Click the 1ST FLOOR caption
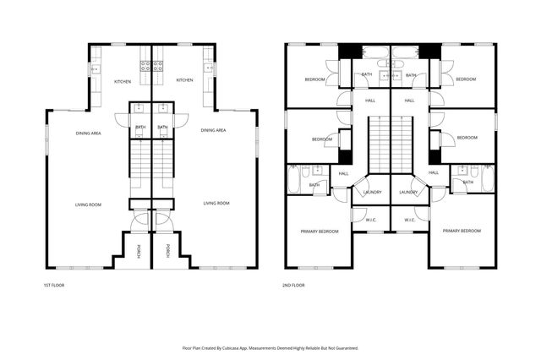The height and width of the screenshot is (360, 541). click(53, 285)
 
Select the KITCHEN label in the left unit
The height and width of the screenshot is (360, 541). click(123, 80)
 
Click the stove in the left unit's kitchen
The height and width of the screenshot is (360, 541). click(145, 64)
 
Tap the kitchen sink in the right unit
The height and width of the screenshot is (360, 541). click(209, 68)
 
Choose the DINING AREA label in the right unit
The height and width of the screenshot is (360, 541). click(213, 130)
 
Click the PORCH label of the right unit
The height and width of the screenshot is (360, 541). click(167, 250)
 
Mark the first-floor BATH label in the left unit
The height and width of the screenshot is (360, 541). click(140, 127)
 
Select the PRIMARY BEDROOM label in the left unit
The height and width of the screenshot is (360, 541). click(320, 231)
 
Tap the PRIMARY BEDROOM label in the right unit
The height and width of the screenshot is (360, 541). click(462, 231)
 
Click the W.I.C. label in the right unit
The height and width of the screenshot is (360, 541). click(409, 220)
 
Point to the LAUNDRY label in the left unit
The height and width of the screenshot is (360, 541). click(373, 192)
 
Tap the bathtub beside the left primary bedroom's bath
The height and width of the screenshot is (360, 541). click(294, 179)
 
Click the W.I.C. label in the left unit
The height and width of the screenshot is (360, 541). click(372, 220)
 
